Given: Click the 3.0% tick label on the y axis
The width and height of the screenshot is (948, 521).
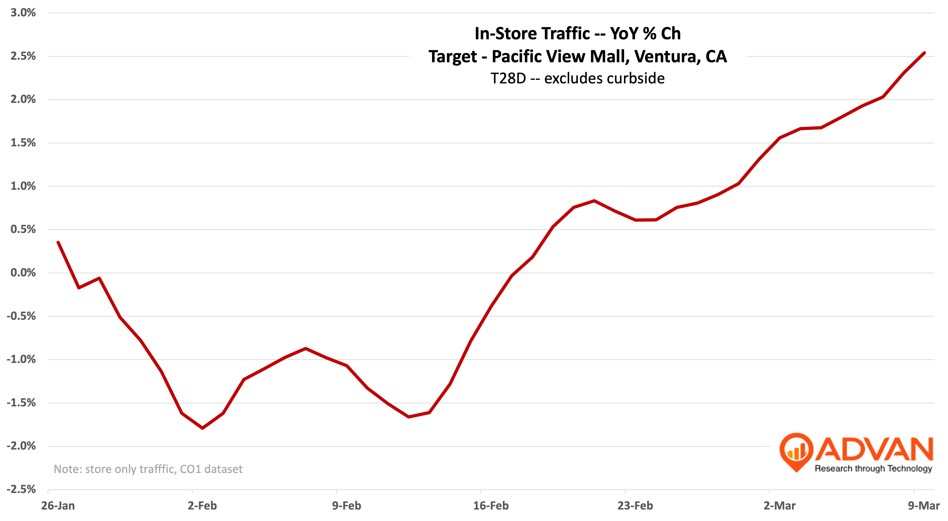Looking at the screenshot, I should pos(23,13).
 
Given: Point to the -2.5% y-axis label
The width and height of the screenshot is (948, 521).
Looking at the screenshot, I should pos(21,489).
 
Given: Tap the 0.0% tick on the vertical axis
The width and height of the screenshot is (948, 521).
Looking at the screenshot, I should pos(23,273).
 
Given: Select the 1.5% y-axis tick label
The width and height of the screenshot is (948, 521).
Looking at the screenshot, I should pos(23,143).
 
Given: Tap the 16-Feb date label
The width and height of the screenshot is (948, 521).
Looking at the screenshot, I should pos(491,506).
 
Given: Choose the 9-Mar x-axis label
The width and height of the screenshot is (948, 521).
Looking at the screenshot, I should pos(924,506).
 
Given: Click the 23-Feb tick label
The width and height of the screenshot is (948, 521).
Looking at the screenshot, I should pos(635,506).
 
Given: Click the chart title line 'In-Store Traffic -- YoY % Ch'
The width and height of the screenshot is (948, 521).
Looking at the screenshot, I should pos(577,34).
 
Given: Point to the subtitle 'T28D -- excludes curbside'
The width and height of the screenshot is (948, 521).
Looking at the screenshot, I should pos(577,78).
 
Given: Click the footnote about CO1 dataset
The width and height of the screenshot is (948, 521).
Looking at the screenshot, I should pos(148,469).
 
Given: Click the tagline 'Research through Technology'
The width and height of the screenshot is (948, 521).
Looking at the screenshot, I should pos(873,468).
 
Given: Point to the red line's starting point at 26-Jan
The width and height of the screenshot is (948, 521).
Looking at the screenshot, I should pos(58,242).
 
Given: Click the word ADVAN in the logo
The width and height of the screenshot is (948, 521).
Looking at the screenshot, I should pos(874,449).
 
